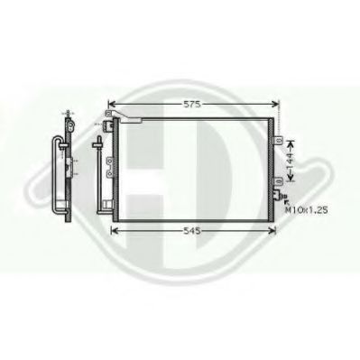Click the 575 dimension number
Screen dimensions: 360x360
[192, 104]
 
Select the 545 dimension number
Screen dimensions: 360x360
[192, 231]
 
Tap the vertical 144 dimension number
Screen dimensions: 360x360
[290, 161]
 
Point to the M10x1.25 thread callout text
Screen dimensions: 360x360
[306, 210]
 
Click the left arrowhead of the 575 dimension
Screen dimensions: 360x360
[112, 104]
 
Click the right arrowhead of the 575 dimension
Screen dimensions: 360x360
[276, 104]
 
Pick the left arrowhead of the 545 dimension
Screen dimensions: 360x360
[115, 231]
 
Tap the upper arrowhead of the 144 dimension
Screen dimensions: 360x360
[291, 143]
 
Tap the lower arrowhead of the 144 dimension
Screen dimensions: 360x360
[291, 179]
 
